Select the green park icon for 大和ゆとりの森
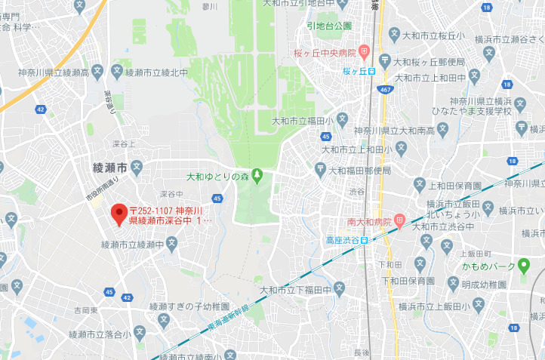click(257, 177)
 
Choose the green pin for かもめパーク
click(524, 266)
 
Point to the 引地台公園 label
click(329, 26)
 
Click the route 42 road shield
click(40, 110)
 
